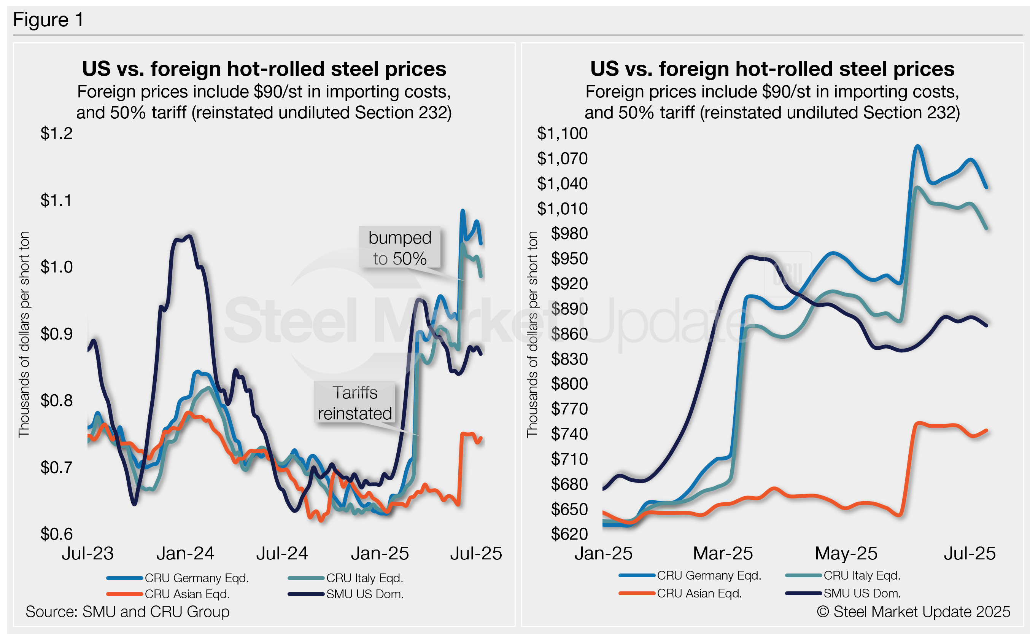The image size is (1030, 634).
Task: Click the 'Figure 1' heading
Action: coord(48,20)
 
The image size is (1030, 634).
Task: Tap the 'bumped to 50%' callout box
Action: coord(399,248)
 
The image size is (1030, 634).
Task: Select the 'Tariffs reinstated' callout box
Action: coord(354,403)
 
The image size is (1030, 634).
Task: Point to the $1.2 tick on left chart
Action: coord(57,133)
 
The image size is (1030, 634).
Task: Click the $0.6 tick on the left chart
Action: coord(57,534)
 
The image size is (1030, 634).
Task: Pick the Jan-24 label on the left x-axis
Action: coord(185,553)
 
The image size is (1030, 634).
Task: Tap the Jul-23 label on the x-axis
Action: coord(87,553)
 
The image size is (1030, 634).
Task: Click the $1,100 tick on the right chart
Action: coord(562,133)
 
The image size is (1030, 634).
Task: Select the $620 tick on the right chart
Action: coord(569,534)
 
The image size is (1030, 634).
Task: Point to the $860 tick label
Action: coord(569,334)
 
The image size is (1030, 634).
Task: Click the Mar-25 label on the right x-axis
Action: coord(723,553)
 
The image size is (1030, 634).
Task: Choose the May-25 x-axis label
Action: coord(846,553)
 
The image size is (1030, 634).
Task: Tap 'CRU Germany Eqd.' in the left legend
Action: coord(197,578)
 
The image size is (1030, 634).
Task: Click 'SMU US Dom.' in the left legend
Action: coord(364,594)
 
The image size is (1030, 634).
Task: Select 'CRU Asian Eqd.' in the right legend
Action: coord(699,593)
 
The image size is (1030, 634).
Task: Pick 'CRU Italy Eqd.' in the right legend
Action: coord(862,576)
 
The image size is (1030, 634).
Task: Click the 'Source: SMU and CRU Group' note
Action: coord(127,612)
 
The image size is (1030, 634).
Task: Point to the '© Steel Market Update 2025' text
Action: coord(914,612)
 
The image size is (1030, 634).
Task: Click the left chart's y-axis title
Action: coord(24,334)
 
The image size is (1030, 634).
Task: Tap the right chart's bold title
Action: coord(772,69)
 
